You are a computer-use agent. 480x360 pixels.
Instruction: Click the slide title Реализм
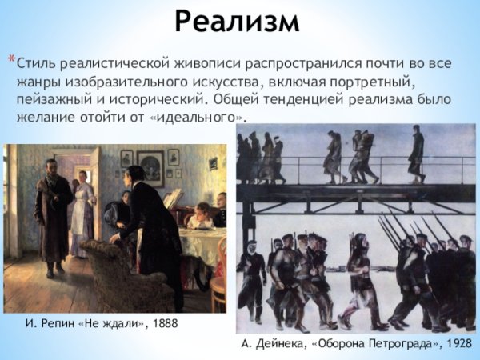point(238,22)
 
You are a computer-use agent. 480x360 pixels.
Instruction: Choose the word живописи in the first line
point(211,62)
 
